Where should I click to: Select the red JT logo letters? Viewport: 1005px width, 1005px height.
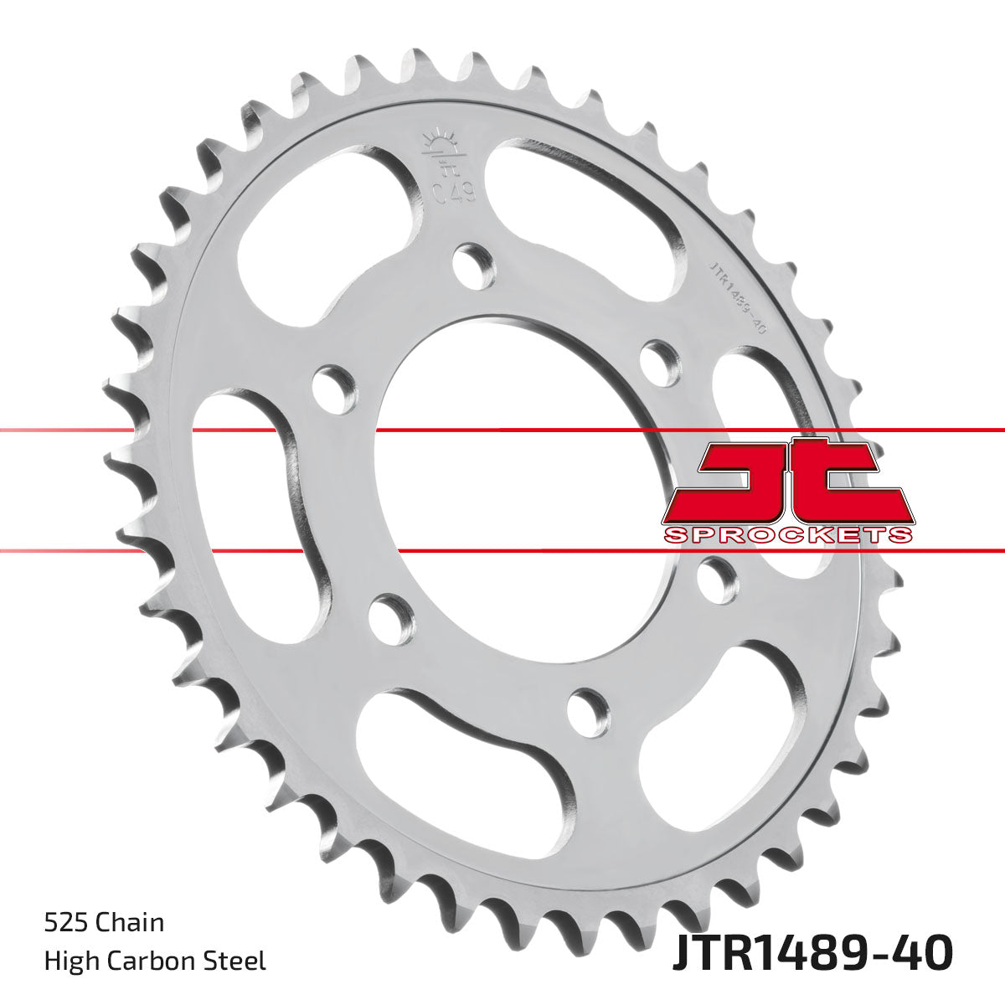pos(787,481)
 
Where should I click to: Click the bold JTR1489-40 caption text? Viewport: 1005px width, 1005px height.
pos(812,953)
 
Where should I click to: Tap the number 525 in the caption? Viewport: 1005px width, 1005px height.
pos(66,922)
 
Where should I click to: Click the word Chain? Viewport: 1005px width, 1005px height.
pos(130,922)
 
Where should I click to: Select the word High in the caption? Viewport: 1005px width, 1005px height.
pos(67,960)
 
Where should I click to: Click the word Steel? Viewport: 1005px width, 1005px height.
pos(238,960)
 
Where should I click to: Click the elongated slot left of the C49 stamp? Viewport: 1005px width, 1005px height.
pos(327,226)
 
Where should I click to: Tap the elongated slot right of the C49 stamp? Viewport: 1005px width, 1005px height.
pos(586,209)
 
